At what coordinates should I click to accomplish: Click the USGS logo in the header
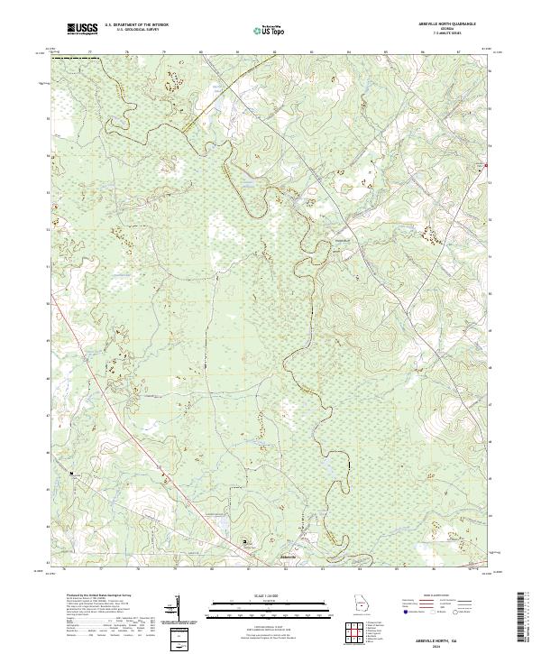[82, 29]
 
